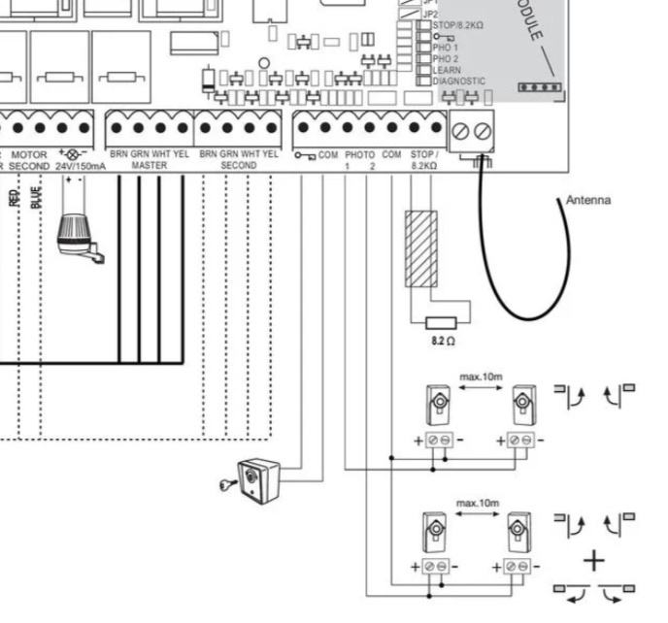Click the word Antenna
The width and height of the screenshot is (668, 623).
[588, 200]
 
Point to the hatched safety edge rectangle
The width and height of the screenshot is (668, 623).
[420, 248]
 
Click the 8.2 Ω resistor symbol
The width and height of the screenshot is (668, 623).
[443, 322]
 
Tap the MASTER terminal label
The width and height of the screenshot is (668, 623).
[149, 166]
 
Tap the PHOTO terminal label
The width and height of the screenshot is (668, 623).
[359, 154]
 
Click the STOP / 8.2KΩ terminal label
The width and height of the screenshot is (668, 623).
[424, 160]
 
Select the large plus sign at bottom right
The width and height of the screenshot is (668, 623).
[593, 561]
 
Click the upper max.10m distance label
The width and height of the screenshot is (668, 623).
[479, 373]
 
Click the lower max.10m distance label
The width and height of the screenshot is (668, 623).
[477, 503]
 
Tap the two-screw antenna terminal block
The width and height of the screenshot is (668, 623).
[471, 129]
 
